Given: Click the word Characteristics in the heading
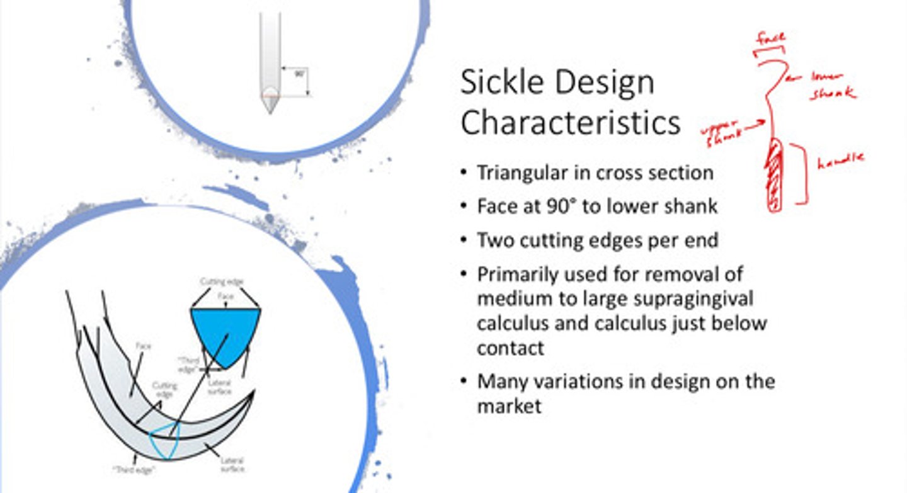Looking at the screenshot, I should click(x=570, y=123).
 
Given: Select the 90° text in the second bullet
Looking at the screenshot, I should click(x=552, y=207).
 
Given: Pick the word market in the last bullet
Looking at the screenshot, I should click(x=509, y=406).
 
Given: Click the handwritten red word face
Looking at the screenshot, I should click(x=770, y=38).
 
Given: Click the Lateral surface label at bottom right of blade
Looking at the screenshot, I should click(x=232, y=465).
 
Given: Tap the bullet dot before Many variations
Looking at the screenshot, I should click(x=464, y=382).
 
